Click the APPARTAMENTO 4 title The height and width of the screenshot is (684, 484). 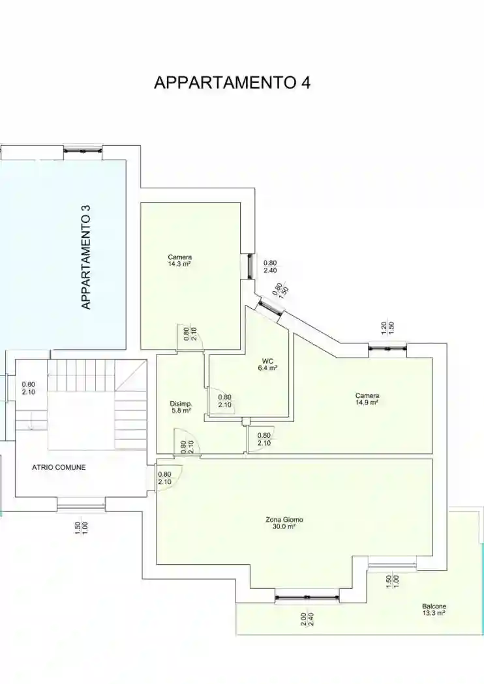(232, 82)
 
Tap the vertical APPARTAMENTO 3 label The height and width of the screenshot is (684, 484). (86, 257)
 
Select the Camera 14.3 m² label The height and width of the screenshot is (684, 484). (179, 261)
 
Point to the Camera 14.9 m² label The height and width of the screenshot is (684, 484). (367, 399)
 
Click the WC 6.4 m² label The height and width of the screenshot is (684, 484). (268, 364)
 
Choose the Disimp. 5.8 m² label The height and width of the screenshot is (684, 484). (181, 407)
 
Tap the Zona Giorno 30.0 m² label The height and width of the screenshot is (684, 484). (284, 523)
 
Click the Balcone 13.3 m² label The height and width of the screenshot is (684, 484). (434, 609)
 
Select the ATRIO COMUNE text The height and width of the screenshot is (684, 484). (59, 467)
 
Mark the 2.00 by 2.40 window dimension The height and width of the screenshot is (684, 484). (307, 620)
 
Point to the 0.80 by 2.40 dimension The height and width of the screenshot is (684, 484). (270, 266)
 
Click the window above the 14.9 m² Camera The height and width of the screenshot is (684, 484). (387, 349)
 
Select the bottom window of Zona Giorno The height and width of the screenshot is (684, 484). (307, 596)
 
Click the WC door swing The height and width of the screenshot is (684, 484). (220, 401)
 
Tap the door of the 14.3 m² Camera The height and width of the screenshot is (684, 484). (190, 337)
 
